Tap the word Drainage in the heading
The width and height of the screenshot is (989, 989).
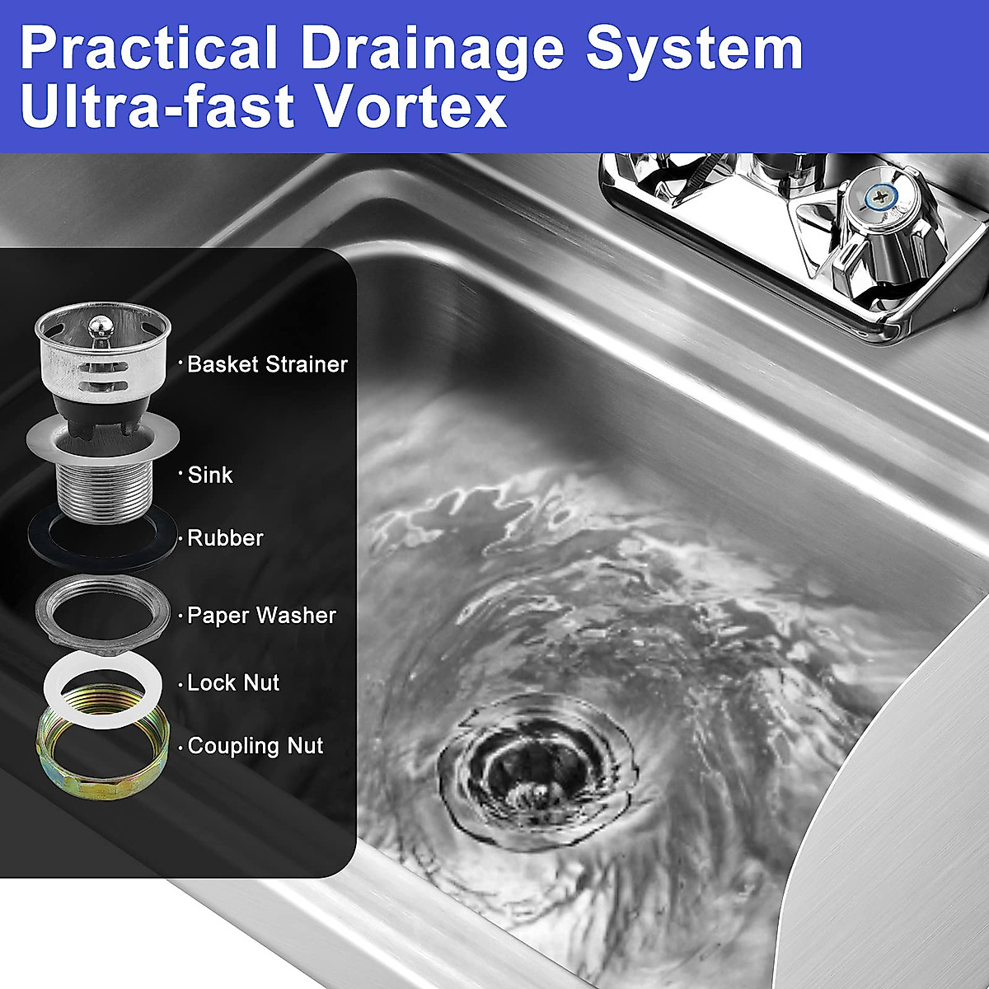(x=433, y=49)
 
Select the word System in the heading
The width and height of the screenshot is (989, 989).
(x=694, y=49)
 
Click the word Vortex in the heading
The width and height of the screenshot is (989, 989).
(x=413, y=107)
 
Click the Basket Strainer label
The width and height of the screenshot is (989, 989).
(x=267, y=364)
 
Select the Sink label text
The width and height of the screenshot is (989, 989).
(x=210, y=475)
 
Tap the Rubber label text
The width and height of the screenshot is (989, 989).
(x=225, y=538)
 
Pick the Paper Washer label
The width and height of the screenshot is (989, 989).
(x=261, y=616)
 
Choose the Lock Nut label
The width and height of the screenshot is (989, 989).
(x=233, y=683)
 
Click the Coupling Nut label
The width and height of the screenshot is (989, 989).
(x=255, y=747)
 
